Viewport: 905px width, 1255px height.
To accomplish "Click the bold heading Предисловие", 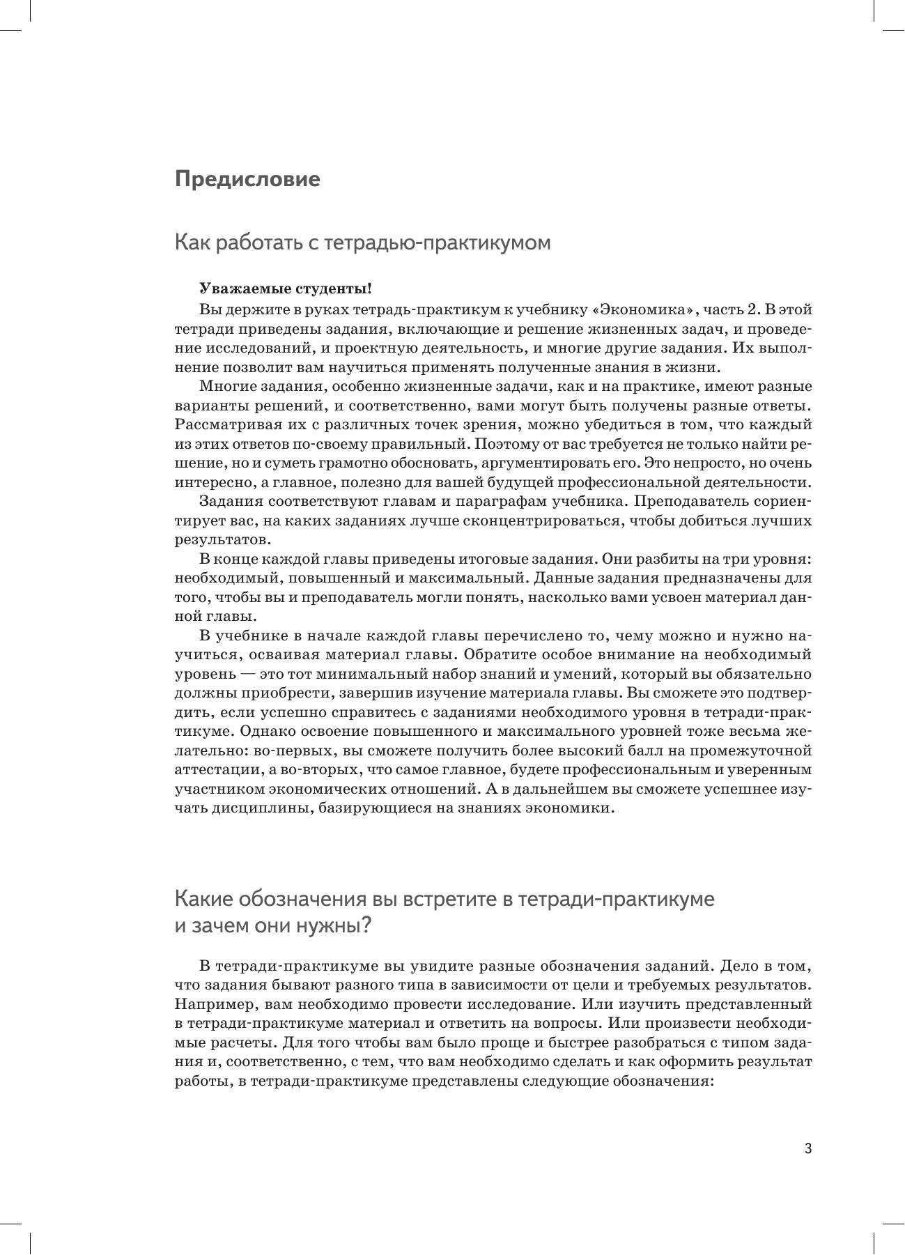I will (247, 179).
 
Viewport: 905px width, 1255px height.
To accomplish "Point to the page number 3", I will (808, 1149).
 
